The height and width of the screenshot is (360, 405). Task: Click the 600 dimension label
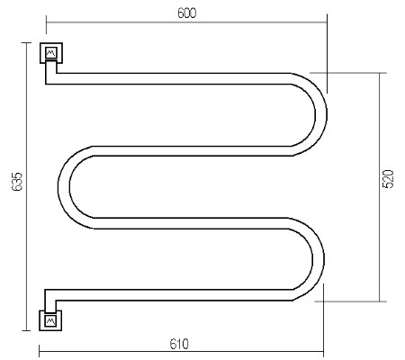[186, 13]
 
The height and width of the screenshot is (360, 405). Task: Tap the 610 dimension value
[179, 344]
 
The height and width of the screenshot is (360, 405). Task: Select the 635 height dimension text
[17, 182]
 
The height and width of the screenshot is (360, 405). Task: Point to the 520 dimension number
[388, 179]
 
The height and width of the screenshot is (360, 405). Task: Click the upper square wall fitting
[51, 53]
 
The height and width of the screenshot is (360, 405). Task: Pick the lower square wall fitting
[50, 320]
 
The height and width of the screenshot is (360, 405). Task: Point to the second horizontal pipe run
[192, 151]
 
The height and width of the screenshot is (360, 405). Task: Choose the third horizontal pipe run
[191, 223]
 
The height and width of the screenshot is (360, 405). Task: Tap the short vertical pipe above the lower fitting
[50, 301]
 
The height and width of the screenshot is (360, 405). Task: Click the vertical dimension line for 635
[26, 186]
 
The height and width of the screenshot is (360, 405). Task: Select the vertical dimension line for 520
[380, 187]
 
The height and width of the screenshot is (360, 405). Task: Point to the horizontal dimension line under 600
[186, 22]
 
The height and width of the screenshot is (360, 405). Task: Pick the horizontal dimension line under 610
[181, 351]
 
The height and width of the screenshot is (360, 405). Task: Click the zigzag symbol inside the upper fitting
[51, 53]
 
